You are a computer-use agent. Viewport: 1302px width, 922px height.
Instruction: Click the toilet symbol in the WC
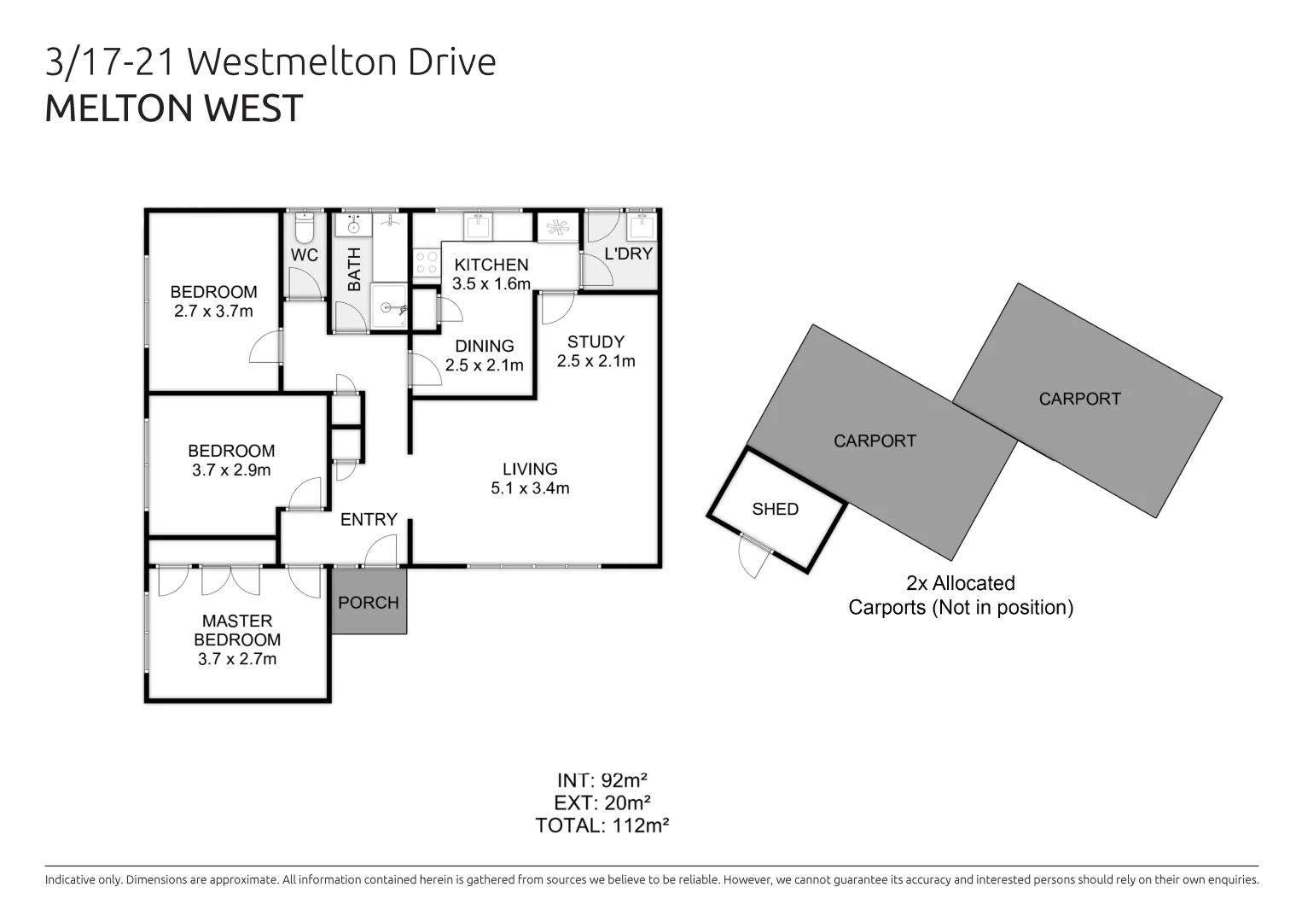click(304, 229)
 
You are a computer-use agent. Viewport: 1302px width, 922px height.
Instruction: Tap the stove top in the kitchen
click(426, 263)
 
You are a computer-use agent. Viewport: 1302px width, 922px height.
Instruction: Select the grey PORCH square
click(369, 602)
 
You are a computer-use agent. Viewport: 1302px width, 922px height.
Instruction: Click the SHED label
click(775, 509)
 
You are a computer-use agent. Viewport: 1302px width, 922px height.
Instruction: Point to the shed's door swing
click(752, 557)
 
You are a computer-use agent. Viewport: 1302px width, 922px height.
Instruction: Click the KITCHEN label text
click(491, 265)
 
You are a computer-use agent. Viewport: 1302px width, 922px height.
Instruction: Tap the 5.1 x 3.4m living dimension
click(530, 488)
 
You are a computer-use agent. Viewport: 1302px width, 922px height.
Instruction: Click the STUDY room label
click(596, 341)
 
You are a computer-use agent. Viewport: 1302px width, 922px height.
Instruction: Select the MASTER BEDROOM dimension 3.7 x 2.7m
click(237, 658)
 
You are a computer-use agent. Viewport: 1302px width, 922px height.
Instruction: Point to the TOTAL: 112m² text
click(602, 826)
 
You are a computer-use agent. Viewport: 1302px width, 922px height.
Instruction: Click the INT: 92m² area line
click(602, 780)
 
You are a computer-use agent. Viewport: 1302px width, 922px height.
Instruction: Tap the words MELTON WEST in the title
click(174, 108)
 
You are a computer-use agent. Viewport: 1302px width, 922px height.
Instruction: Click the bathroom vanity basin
click(350, 225)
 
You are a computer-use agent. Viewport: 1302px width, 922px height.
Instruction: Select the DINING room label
click(484, 346)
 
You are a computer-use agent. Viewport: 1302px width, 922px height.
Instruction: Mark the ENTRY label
click(369, 519)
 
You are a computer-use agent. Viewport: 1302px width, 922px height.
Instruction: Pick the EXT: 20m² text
click(602, 802)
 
